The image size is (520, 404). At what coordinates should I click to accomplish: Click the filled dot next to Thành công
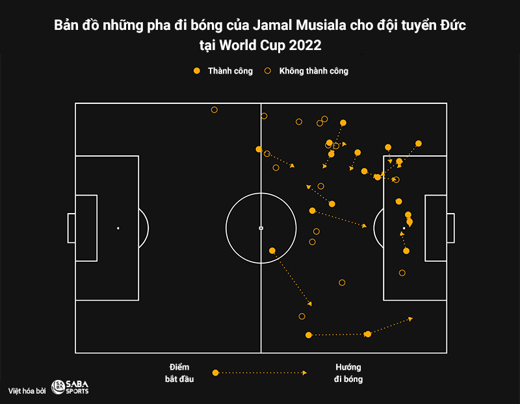tap(197, 71)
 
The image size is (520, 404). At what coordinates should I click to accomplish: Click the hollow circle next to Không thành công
tap(267, 71)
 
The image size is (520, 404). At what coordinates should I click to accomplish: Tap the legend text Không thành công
tap(313, 71)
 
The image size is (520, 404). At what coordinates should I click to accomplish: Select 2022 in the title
tap(305, 46)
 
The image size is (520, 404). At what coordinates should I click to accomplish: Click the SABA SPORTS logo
tap(70, 388)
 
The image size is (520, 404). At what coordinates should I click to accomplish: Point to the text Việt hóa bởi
tap(27, 390)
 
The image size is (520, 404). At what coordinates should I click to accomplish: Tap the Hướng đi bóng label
tap(348, 373)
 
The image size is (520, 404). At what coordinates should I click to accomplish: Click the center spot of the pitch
tap(261, 228)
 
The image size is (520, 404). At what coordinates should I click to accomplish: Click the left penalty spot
tap(118, 228)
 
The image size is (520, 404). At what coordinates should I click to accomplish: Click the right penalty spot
tap(404, 228)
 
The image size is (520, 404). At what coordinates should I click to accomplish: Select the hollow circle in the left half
tap(214, 110)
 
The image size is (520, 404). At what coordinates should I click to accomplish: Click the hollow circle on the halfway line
tap(264, 116)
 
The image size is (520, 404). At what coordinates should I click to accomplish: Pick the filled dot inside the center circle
tap(272, 250)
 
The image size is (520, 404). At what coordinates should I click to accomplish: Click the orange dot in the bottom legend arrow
tap(216, 373)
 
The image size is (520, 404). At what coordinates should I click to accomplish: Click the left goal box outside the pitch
tap(71, 228)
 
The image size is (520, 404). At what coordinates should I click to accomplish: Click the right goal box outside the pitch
tap(450, 228)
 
